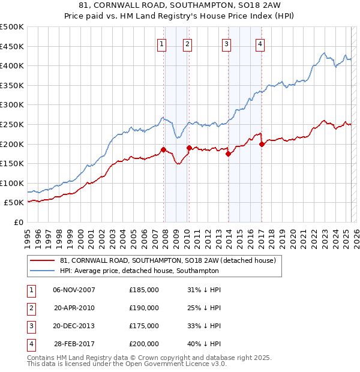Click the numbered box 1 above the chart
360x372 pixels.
[x=162, y=43]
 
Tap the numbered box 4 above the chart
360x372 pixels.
[x=260, y=43]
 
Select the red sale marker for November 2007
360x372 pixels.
[x=163, y=149]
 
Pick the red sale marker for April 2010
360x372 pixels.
[x=189, y=148]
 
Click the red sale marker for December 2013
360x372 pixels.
[x=228, y=154]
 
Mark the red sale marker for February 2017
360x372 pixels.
[x=262, y=144]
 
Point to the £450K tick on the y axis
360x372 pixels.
[x=12, y=46]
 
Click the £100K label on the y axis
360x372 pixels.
[x=12, y=184]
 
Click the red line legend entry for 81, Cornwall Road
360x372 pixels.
[x=167, y=260]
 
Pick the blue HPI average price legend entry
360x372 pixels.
[x=139, y=271]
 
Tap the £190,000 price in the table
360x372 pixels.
[x=144, y=308]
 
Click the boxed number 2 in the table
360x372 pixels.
[x=31, y=308]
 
